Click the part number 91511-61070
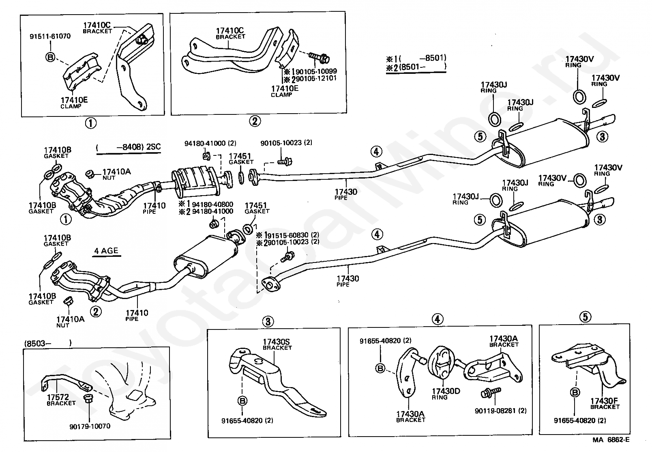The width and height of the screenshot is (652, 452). [50, 36]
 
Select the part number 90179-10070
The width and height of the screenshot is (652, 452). [90, 426]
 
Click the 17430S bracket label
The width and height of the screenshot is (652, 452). [277, 342]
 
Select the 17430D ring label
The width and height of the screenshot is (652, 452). [446, 392]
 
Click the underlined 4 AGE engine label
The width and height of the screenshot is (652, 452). [106, 251]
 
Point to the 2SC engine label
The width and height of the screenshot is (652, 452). [153, 146]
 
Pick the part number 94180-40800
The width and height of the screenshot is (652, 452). [218, 204]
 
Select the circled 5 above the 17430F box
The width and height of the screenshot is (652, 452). [585, 317]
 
